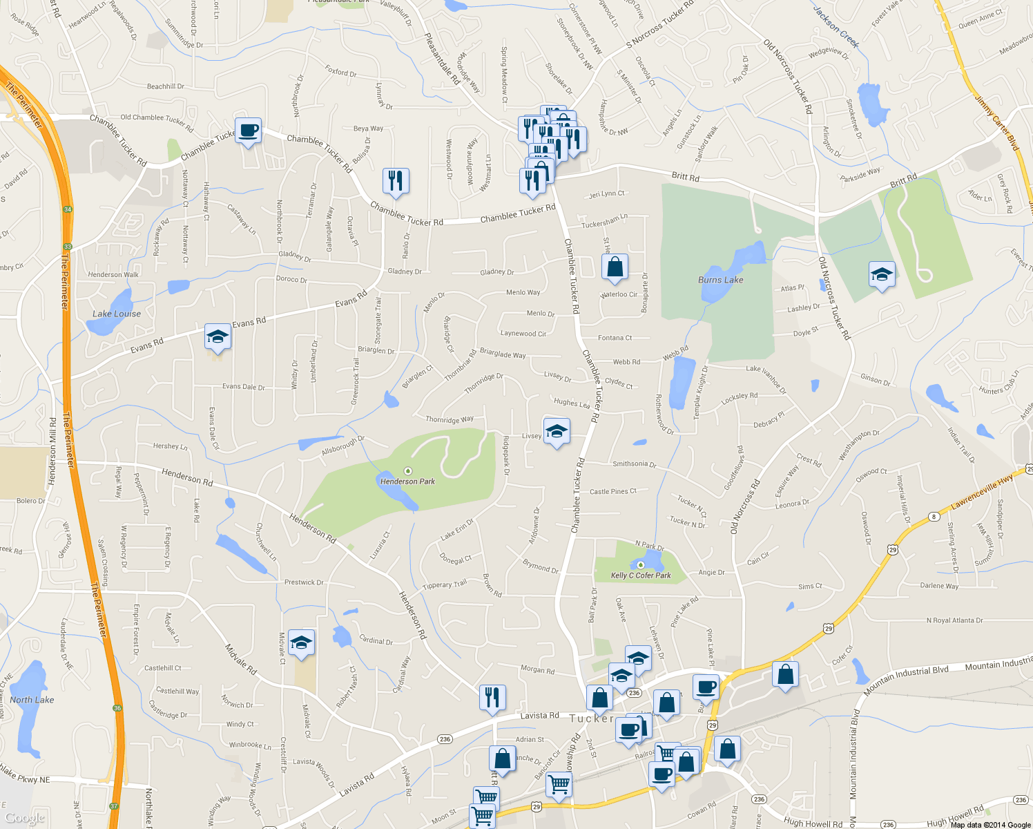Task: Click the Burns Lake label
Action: coord(720,280)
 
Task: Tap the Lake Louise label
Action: coord(117,314)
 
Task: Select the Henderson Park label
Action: coord(407,482)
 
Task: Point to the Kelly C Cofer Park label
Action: coord(641,575)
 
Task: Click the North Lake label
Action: coord(32,700)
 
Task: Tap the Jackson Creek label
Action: coord(836,28)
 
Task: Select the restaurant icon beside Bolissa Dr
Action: coord(396,180)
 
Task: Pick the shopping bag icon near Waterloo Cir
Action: coord(615,267)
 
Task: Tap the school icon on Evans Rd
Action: coord(218,336)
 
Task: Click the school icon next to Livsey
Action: coord(557,432)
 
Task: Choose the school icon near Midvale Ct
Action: coord(301,642)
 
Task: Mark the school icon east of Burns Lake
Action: coord(882,275)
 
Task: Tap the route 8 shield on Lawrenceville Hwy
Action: coord(934,516)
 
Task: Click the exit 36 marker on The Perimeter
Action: coord(117,708)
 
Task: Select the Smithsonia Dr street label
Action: coord(634,464)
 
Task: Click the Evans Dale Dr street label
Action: coord(243,387)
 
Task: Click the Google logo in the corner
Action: coord(25,818)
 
